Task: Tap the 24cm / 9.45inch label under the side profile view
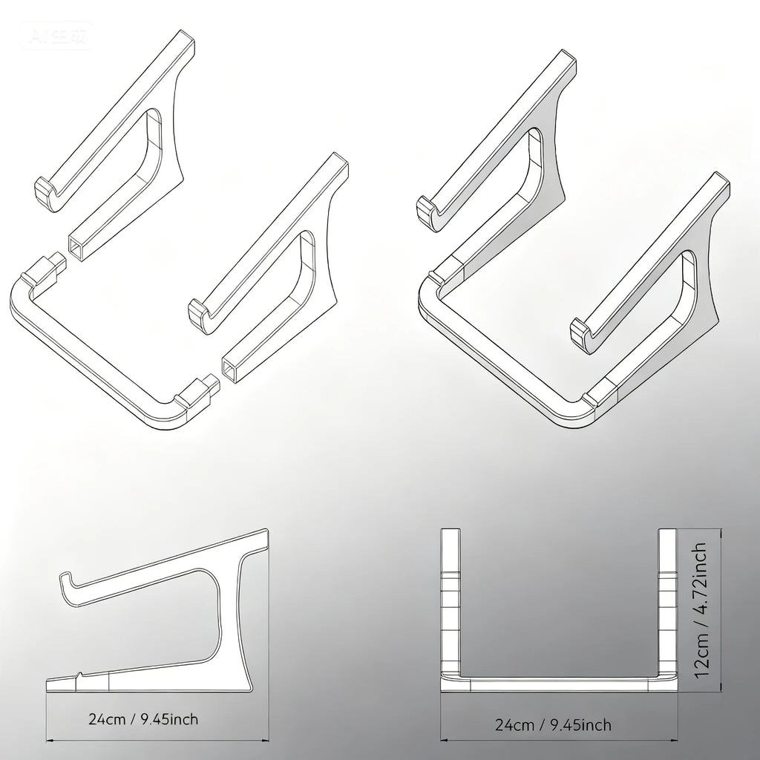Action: [x=143, y=718]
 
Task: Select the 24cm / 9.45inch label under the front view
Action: [x=553, y=724]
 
